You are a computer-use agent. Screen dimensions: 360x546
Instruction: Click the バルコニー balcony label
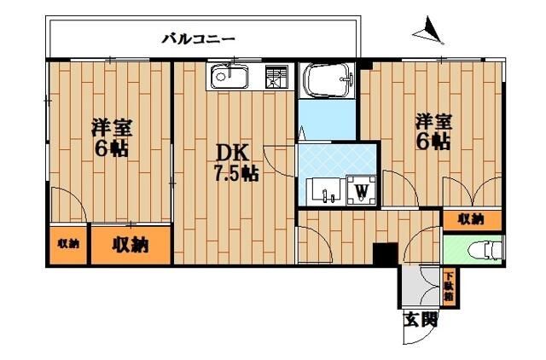click(x=198, y=38)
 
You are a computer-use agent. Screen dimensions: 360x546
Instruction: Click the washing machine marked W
click(x=363, y=189)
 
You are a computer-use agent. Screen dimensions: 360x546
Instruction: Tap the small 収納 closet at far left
click(x=68, y=244)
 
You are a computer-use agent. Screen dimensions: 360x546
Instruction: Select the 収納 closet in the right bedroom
click(x=471, y=219)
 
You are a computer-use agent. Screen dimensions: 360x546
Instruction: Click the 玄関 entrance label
click(x=421, y=321)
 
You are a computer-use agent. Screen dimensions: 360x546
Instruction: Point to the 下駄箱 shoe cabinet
click(x=449, y=286)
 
